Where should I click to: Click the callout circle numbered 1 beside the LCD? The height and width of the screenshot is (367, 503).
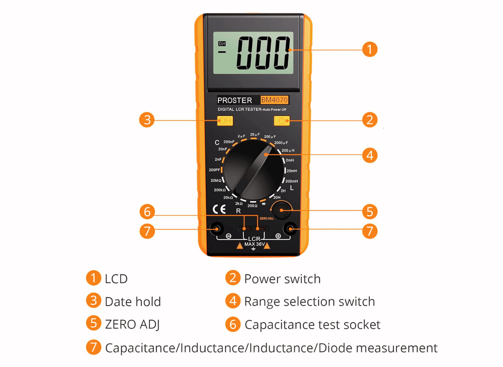[x=370, y=49]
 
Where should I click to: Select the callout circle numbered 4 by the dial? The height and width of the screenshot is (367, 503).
[x=370, y=155]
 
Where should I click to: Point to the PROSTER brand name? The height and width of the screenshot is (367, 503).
[x=235, y=100]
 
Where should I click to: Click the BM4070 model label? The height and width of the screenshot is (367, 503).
[x=274, y=100]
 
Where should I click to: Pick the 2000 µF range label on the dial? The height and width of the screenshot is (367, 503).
[x=285, y=143]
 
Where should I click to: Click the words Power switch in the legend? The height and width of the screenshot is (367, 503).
[x=282, y=279]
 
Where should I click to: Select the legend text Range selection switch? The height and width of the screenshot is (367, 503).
[x=309, y=302]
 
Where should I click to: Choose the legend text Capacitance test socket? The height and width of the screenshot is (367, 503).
[x=312, y=325]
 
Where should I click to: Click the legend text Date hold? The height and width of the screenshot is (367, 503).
[x=133, y=302]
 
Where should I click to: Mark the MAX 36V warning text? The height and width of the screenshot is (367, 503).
[x=254, y=244]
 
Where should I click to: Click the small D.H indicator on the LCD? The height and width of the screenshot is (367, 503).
[x=221, y=44]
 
